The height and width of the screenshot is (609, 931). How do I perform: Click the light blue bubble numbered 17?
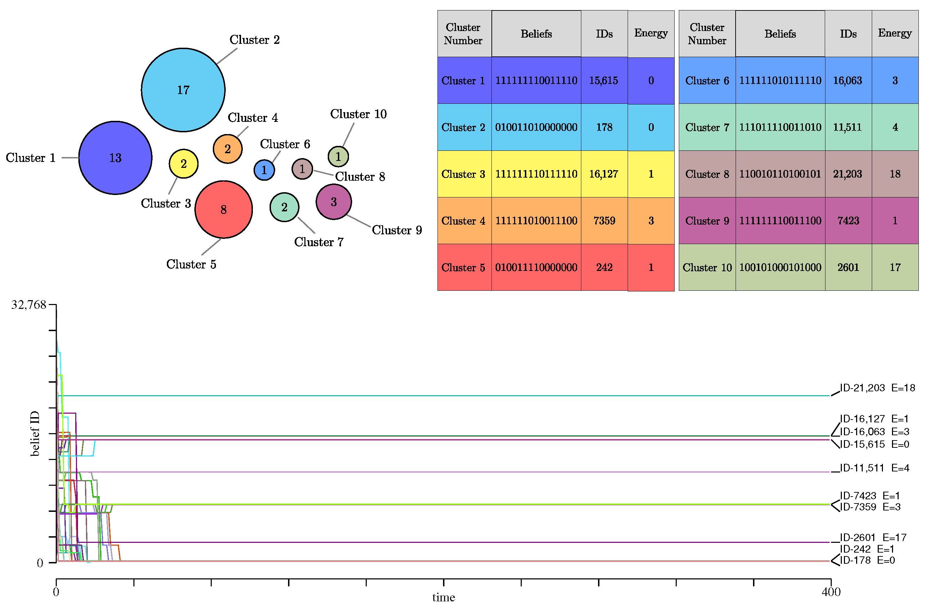coord(183,90)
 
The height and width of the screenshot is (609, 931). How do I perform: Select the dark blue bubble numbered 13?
coord(115,158)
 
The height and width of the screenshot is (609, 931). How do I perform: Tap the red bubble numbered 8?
coord(223,209)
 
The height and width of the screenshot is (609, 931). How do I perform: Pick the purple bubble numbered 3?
coord(334,202)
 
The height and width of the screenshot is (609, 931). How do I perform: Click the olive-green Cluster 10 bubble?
coord(338,156)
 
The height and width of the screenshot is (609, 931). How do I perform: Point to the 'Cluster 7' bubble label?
coord(318,242)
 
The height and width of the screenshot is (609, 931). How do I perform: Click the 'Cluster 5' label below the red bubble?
coord(191,264)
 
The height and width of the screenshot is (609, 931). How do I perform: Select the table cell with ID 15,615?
coord(604,80)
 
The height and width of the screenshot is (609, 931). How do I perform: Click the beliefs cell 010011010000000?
coord(536,127)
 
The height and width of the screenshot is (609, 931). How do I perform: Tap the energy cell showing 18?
coord(895,174)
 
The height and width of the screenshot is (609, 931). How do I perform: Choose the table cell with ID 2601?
coord(848,267)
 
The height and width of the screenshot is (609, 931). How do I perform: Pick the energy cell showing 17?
coord(895,267)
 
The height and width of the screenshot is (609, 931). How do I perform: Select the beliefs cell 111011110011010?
coord(779,127)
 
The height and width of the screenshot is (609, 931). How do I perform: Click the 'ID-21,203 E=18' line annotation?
coord(877,388)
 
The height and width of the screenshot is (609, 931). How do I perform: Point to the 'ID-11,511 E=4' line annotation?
coord(874,468)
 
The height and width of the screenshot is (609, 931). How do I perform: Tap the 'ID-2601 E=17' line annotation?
coord(873,537)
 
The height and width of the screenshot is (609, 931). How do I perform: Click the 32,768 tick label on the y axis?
coord(29,305)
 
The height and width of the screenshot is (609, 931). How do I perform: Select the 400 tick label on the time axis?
coord(831,592)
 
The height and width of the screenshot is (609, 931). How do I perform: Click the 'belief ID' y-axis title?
coord(35,434)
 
